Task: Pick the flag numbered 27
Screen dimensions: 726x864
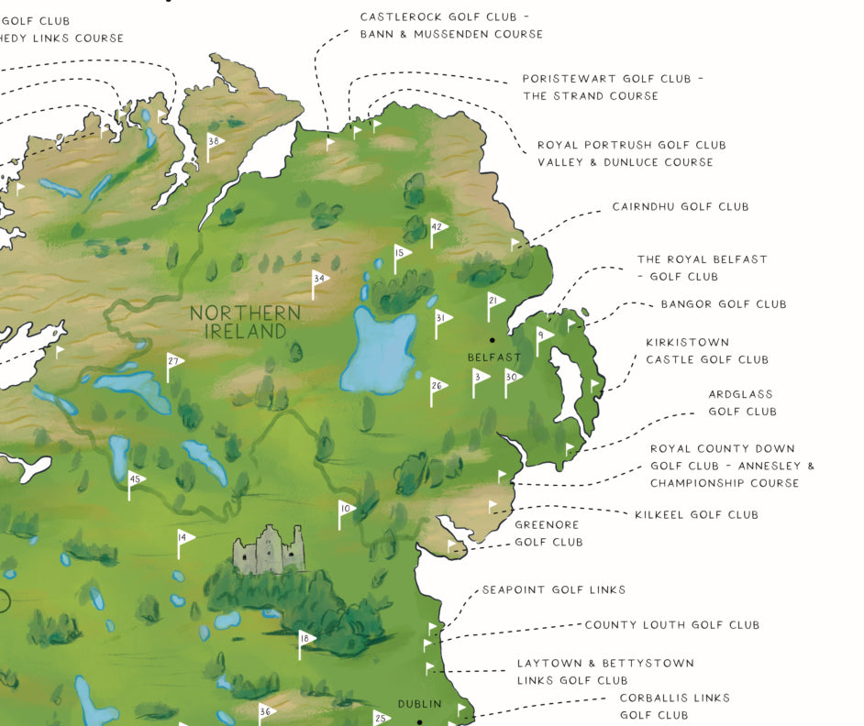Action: pyautogui.click(x=173, y=362)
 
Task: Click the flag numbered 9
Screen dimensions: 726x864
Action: pyautogui.click(x=543, y=336)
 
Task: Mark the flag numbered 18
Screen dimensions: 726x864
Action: pyautogui.click(x=305, y=639)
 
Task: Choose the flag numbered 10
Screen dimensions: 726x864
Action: pyautogui.click(x=346, y=509)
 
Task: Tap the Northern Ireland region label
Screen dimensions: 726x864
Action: pyautogui.click(x=245, y=321)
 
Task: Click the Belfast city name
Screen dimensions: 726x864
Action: pyautogui.click(x=493, y=357)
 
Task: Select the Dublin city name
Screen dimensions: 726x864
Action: pyautogui.click(x=419, y=704)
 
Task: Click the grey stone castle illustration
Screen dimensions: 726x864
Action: pyautogui.click(x=268, y=550)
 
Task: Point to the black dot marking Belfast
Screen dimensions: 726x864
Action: pyautogui.click(x=493, y=340)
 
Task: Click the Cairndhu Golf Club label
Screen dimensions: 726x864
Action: pyautogui.click(x=680, y=207)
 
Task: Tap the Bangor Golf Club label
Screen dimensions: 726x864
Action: pyautogui.click(x=723, y=304)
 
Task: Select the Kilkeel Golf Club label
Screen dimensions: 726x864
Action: pyautogui.click(x=696, y=515)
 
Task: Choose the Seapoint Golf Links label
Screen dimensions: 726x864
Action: pyautogui.click(x=554, y=590)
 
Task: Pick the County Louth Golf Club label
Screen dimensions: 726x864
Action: pyautogui.click(x=671, y=625)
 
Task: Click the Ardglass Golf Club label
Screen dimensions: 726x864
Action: pyautogui.click(x=742, y=402)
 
